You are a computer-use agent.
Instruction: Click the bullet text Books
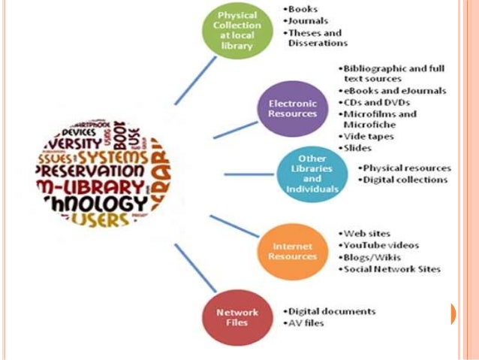pyautogui.click(x=302, y=10)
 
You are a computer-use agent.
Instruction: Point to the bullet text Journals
pyautogui.click(x=306, y=21)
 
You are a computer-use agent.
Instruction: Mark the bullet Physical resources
pyautogui.click(x=405, y=168)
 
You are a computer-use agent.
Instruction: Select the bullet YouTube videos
pyautogui.click(x=381, y=245)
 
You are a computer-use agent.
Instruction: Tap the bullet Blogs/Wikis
pyautogui.click(x=372, y=257)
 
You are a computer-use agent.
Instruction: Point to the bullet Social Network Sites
pyautogui.click(x=391, y=269)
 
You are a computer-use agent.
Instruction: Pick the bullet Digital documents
pyautogui.click(x=330, y=311)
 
